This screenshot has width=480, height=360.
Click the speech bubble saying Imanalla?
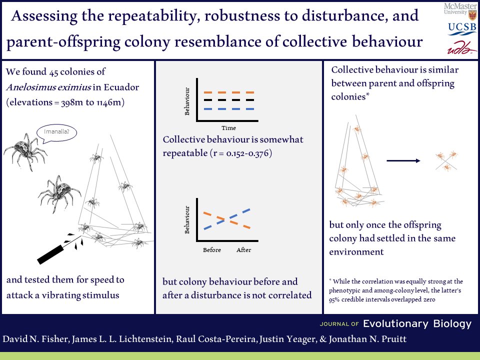(x=60, y=132)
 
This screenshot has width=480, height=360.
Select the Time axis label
(x=228, y=128)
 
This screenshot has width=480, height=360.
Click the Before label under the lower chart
(x=212, y=250)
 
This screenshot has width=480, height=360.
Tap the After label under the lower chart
(x=244, y=250)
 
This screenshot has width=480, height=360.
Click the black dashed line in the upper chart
(x=229, y=100)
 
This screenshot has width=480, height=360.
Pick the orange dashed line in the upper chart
(x=229, y=92)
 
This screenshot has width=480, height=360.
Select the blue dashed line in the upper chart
(x=229, y=109)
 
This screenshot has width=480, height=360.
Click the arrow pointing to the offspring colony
(x=403, y=160)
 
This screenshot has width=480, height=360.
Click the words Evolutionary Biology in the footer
(x=417, y=324)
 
